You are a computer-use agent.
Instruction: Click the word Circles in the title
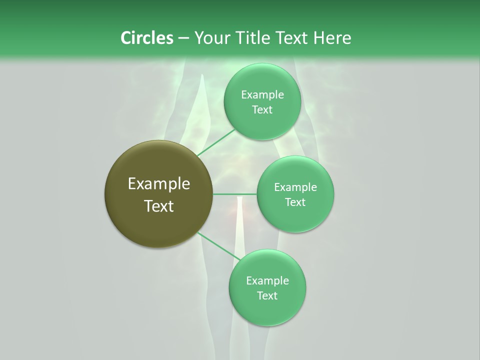(146, 37)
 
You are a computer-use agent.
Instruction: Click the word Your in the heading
(212, 37)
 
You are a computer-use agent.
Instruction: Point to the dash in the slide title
(183, 38)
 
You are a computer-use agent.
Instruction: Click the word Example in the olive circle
(159, 184)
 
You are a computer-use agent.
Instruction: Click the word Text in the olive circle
(159, 206)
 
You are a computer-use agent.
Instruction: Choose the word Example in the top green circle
(262, 95)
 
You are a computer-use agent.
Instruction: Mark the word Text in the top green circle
(262, 110)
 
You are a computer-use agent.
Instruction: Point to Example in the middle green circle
(295, 187)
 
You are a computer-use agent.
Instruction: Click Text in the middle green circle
(295, 202)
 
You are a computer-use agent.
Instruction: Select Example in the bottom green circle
(267, 281)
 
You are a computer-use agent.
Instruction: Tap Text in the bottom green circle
(267, 296)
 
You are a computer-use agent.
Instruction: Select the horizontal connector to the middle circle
(235, 194)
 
